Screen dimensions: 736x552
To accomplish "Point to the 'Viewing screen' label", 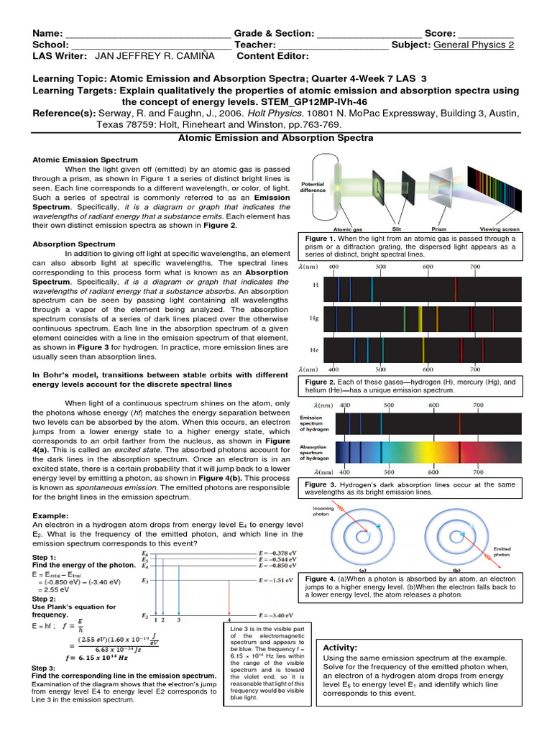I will tap(499, 229).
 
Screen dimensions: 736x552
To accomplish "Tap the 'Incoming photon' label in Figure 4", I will tap(322, 512).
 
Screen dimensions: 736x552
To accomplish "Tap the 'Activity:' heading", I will tap(341, 648).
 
